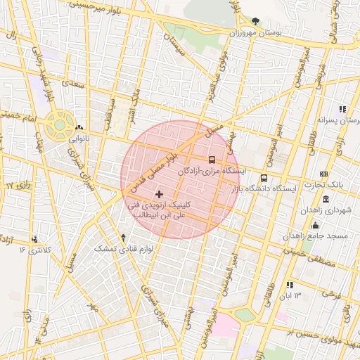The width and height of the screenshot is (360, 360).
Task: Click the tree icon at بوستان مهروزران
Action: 255,22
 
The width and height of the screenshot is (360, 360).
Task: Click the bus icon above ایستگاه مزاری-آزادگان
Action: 213,160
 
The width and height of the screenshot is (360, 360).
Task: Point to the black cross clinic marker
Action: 159,193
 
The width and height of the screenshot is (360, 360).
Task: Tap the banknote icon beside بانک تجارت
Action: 323,174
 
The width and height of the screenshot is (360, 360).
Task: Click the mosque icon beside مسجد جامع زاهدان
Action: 314,225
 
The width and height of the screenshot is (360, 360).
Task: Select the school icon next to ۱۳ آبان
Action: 289,285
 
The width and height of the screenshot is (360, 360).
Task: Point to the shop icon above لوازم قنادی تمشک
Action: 124,238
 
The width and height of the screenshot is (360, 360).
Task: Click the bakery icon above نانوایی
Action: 77,127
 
